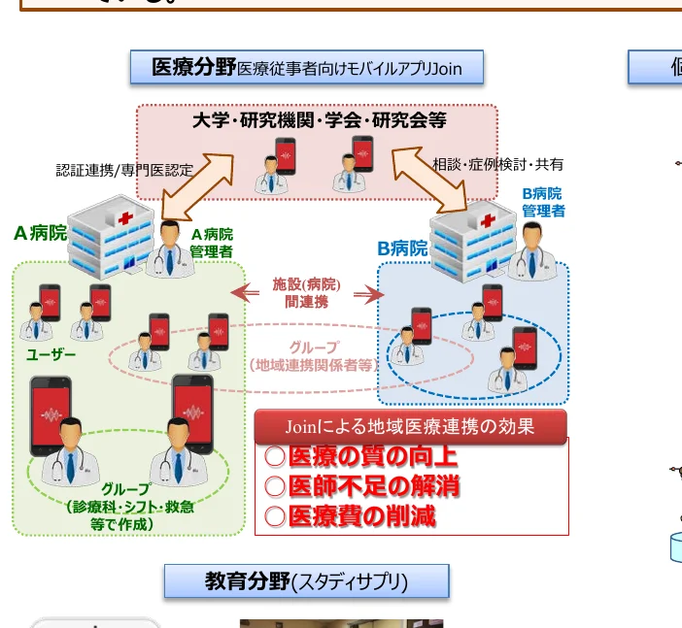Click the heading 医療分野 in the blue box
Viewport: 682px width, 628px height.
click(x=194, y=67)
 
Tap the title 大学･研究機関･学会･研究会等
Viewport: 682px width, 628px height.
click(x=319, y=121)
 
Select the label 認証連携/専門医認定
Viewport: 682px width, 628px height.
click(x=124, y=170)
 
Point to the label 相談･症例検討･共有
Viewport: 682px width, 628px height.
click(x=497, y=165)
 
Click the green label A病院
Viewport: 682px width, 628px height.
click(x=40, y=233)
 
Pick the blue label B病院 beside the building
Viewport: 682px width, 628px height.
click(x=402, y=248)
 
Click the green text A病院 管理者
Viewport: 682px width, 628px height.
click(x=211, y=243)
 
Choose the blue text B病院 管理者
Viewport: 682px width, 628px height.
click(x=542, y=202)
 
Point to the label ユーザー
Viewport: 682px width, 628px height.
click(x=51, y=354)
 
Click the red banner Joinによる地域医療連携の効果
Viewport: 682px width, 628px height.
click(x=410, y=426)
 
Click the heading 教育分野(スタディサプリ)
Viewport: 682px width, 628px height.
click(x=306, y=581)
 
